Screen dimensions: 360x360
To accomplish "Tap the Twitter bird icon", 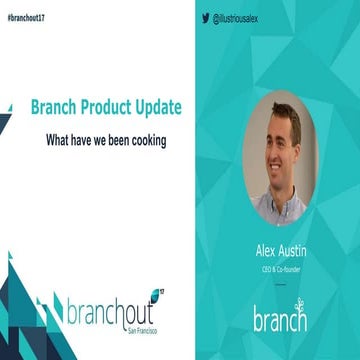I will pyautogui.click(x=205, y=18).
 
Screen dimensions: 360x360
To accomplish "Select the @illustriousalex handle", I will pyautogui.click(x=239, y=18).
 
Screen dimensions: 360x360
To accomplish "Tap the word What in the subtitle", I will pyautogui.click(x=60, y=140).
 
